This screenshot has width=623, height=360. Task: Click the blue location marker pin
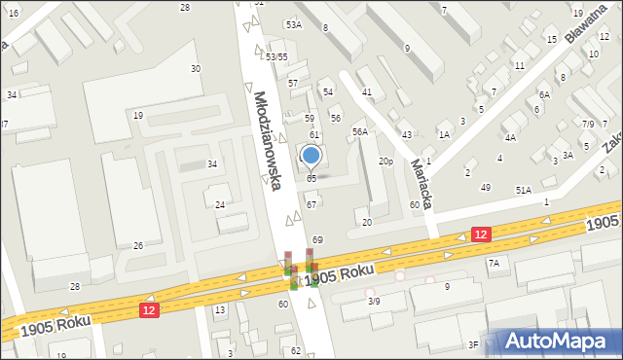(x=311, y=156)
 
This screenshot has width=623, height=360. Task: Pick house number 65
(x=311, y=179)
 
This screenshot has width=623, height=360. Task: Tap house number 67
(x=311, y=204)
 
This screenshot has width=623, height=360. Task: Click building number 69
(x=317, y=239)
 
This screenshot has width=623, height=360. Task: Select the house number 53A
(x=293, y=24)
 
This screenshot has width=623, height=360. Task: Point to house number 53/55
(x=276, y=57)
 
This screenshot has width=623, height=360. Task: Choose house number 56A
(x=360, y=131)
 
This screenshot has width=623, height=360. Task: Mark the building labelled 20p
(x=386, y=161)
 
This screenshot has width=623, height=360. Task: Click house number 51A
(x=524, y=191)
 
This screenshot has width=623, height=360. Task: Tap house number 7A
(x=494, y=264)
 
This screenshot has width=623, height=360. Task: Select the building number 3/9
(x=374, y=302)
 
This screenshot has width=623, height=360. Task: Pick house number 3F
(x=473, y=344)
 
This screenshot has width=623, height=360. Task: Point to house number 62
(x=296, y=350)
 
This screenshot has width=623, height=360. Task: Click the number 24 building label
(x=220, y=205)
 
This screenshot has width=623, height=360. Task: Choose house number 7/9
(x=588, y=125)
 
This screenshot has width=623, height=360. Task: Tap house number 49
(x=486, y=187)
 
